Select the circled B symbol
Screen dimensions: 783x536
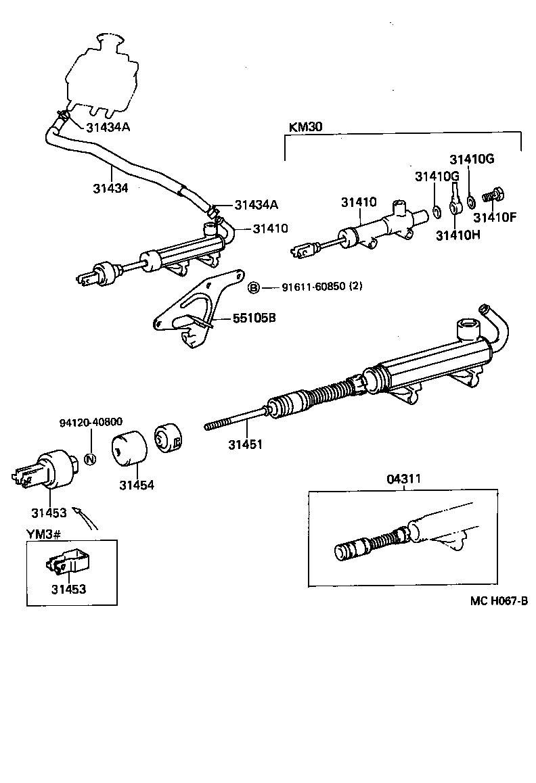254,287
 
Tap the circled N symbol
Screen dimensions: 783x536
91,460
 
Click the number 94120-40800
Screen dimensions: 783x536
91,423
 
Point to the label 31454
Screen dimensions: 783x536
137,485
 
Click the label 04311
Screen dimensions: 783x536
403,479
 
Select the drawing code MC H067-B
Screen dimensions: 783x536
499,602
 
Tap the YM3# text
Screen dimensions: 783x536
44,534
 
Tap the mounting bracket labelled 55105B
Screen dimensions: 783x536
196,311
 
